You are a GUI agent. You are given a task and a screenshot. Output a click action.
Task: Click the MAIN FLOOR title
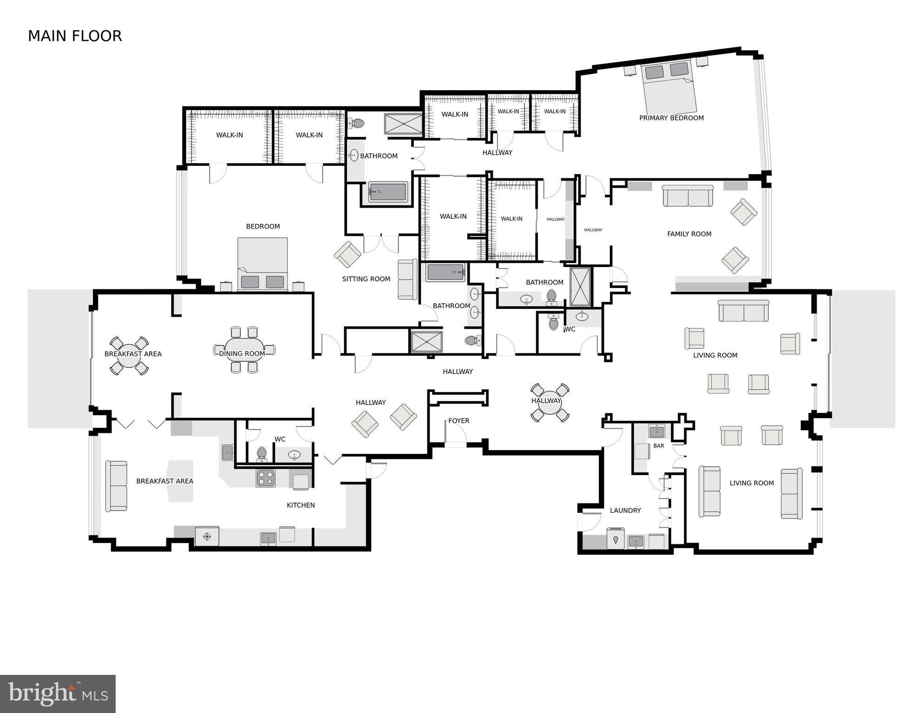[x=75, y=36]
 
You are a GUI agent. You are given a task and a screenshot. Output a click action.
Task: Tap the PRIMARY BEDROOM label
[x=671, y=118]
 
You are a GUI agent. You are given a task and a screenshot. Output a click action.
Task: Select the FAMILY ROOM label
[x=689, y=234]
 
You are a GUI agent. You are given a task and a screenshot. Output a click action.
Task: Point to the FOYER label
[x=459, y=421]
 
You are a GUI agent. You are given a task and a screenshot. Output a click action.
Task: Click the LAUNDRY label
[x=625, y=510]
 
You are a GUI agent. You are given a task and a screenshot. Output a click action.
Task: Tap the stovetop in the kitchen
[x=266, y=478]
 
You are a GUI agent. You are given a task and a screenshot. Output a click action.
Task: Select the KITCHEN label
[x=301, y=505]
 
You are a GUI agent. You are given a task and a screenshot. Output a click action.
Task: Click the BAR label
[x=659, y=446]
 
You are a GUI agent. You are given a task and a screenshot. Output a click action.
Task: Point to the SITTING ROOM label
[x=366, y=279]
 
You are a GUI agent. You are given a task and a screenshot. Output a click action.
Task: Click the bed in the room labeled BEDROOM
[x=262, y=264]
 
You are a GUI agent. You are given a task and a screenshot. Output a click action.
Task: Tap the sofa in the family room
[x=687, y=196]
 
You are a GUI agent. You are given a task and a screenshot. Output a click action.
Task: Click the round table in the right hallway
[x=550, y=403]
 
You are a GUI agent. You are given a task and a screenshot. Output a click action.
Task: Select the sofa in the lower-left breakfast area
[x=116, y=486]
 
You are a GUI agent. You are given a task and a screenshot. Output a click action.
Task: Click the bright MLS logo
[x=58, y=693]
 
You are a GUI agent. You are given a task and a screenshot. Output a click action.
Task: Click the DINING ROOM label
[x=242, y=354]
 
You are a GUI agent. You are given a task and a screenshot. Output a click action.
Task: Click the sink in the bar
[x=657, y=431]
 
